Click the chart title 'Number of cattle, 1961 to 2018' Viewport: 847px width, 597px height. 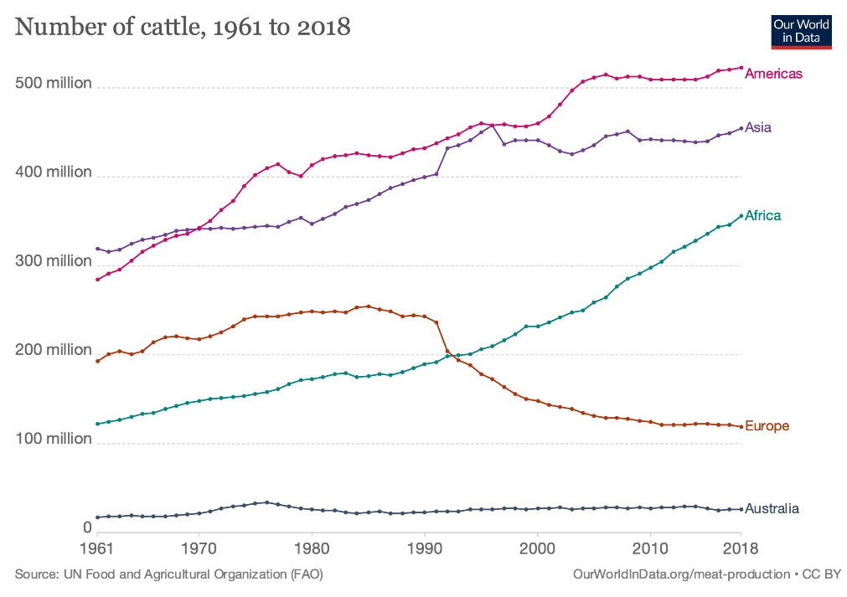183,28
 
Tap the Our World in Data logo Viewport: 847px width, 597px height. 800,31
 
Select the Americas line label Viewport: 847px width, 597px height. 773,74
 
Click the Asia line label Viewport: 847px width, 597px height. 758,128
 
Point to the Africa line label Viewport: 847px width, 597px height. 763,216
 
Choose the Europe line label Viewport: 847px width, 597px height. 767,427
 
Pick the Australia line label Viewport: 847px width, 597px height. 772,509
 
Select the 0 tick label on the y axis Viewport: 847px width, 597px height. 86,528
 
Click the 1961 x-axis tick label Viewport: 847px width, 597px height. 97,549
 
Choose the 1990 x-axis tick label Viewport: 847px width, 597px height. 425,549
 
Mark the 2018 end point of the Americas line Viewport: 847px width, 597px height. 741,68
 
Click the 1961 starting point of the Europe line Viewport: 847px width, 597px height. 97,361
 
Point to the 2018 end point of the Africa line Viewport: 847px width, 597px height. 741,216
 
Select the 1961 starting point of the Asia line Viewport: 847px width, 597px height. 97,249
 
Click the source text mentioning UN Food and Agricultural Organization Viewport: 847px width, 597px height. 168,574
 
